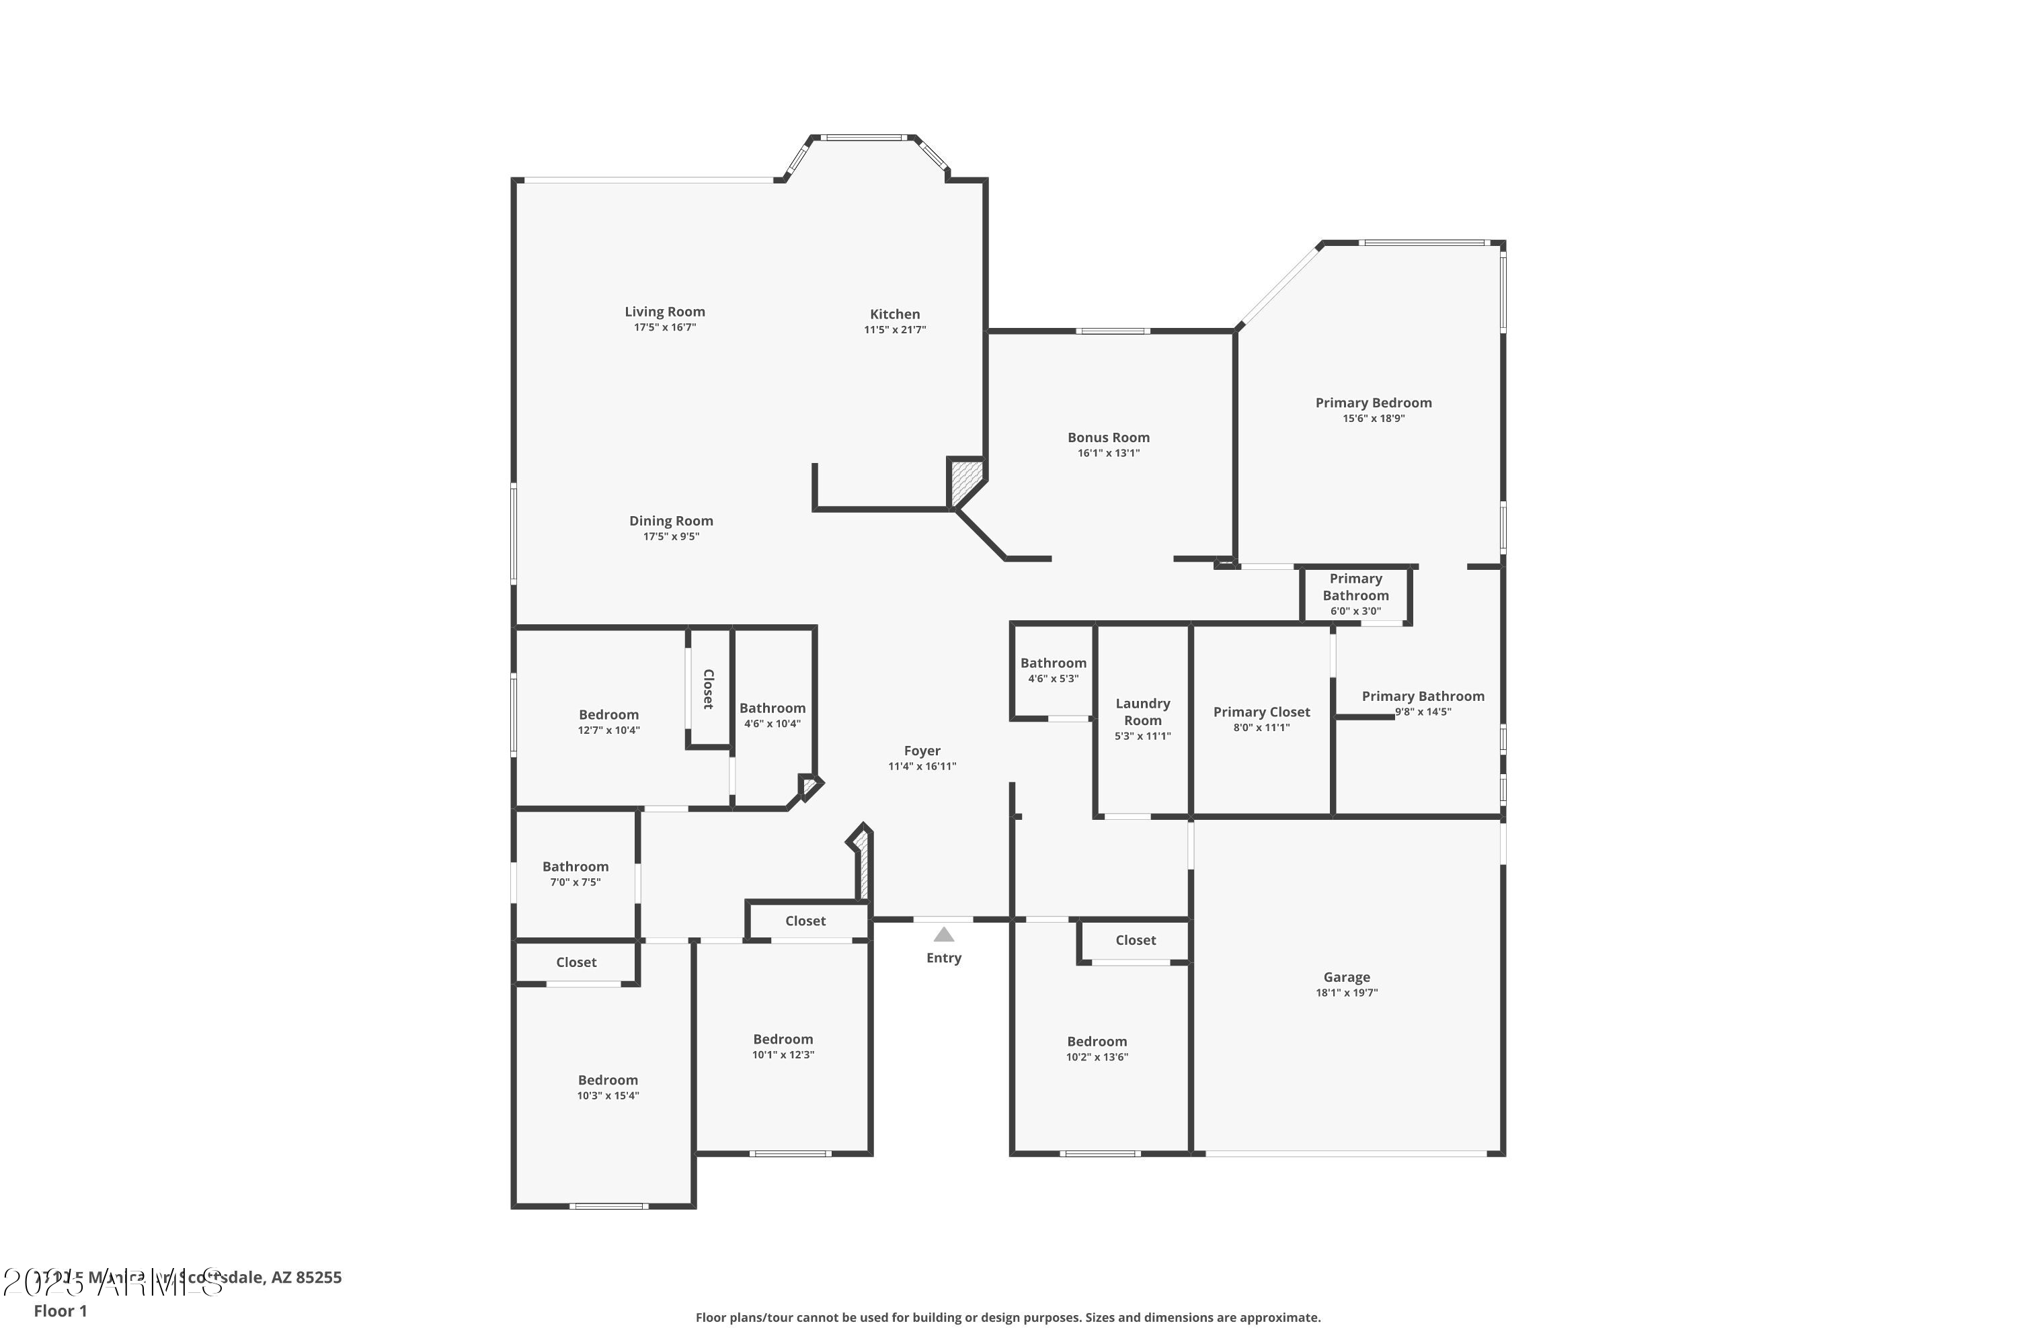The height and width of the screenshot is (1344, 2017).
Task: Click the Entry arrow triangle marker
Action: (943, 934)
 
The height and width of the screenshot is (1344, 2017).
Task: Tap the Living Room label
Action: (665, 312)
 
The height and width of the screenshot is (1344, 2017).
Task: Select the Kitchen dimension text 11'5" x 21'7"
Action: (894, 330)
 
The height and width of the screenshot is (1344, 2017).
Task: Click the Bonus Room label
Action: (1108, 438)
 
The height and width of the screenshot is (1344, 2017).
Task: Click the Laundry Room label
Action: (1142, 712)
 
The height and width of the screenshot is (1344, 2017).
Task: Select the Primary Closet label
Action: (1261, 712)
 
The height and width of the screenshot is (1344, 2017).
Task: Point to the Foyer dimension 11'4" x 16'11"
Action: (922, 766)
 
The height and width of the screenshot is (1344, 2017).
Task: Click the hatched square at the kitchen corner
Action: (965, 482)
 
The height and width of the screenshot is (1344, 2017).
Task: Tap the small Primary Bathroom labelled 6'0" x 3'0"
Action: (1355, 594)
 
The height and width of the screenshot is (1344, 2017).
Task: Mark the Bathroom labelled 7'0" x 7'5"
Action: (576, 874)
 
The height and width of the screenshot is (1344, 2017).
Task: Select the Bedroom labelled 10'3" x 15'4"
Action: (608, 1087)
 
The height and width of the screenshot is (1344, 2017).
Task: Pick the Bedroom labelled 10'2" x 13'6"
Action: (1097, 1048)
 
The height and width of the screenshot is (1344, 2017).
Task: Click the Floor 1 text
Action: (60, 1310)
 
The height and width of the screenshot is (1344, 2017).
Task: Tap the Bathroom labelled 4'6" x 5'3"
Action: (1053, 669)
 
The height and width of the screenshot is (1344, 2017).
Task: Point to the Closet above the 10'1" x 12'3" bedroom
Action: (805, 921)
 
